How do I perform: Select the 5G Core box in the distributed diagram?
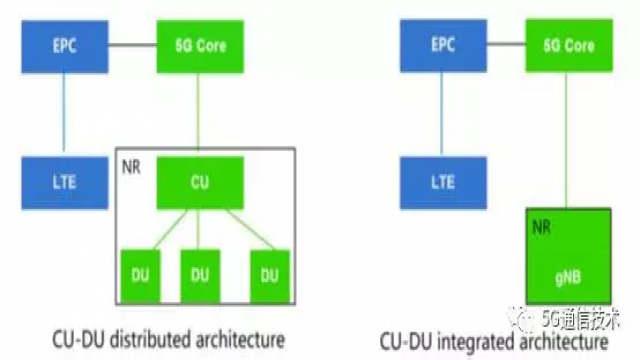[199, 46]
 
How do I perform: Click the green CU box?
[199, 183]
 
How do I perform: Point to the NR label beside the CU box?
[131, 161]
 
